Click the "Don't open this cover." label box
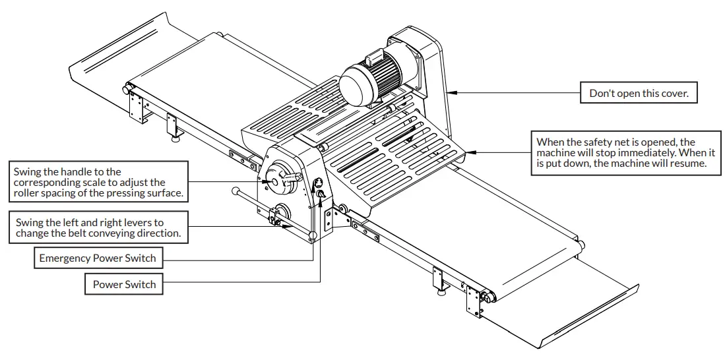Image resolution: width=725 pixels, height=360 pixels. coord(639,93)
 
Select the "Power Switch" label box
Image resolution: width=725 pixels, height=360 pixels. coord(124,284)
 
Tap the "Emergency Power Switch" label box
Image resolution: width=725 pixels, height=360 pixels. coord(98,258)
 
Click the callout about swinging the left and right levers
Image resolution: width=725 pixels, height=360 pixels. coord(98,228)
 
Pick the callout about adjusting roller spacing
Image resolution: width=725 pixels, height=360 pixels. coord(98,183)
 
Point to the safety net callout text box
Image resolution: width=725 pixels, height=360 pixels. coord(621,153)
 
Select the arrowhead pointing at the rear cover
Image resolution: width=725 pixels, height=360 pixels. coord(453,93)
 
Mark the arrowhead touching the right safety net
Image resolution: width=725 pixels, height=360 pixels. coord(470,152)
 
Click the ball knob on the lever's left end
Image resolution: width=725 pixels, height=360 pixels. coord(236,191)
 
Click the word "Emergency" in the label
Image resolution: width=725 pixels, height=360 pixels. coord(65,258)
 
